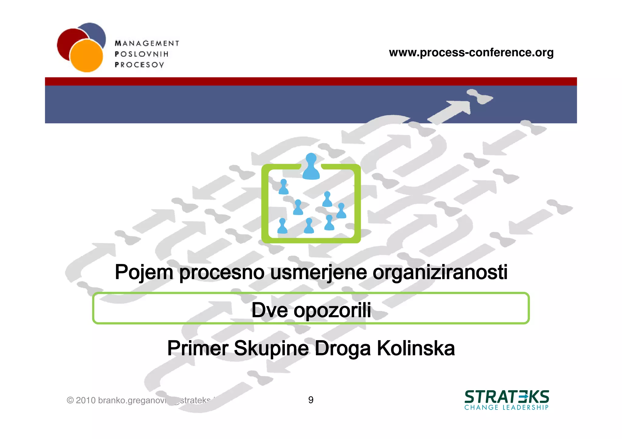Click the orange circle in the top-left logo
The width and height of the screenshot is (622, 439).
(87, 56)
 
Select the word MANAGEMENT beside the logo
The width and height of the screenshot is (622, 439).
(147, 43)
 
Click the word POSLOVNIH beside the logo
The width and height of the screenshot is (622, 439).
(142, 54)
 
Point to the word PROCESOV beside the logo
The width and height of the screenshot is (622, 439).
(139, 65)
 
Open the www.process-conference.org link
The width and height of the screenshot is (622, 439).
(471, 52)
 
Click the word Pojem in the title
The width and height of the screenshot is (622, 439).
(144, 272)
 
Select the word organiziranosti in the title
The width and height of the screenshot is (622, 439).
(440, 272)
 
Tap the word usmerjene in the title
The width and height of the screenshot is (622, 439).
(318, 272)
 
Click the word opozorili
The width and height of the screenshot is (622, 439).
(332, 310)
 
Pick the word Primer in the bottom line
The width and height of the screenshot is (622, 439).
(197, 348)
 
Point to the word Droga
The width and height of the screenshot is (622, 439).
(343, 348)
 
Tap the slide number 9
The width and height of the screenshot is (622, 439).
(311, 400)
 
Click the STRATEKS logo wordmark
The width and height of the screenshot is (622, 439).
(507, 397)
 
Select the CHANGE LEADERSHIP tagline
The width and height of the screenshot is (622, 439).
(506, 407)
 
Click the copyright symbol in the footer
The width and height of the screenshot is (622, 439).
(70, 400)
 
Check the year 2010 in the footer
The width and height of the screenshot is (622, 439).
(86, 400)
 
